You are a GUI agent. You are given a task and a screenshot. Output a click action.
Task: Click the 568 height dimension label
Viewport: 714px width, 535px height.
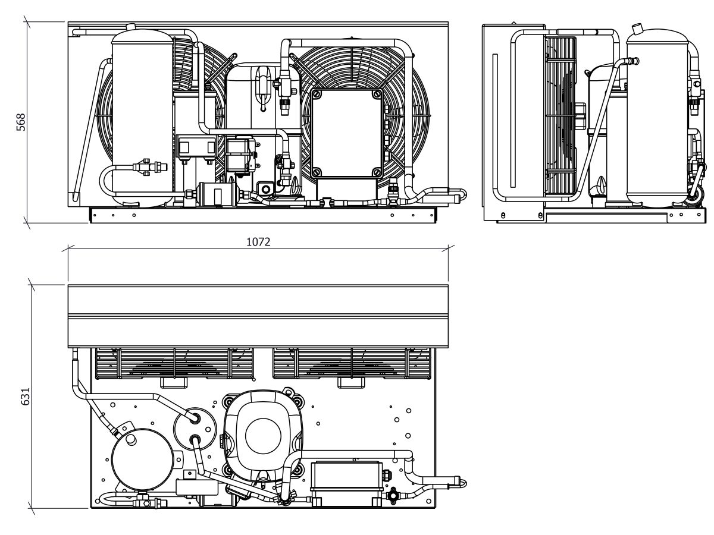[20, 122]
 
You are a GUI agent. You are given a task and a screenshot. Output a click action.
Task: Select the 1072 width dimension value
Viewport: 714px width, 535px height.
[258, 242]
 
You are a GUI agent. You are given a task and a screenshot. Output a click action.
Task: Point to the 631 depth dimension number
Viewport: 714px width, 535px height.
[26, 396]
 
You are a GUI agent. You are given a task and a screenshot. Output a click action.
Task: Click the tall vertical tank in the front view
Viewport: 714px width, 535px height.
[142, 118]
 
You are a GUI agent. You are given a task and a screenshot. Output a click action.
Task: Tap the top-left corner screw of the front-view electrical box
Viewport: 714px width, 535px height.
[316, 95]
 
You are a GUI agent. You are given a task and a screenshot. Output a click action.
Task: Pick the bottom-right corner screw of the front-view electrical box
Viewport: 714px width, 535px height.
[377, 172]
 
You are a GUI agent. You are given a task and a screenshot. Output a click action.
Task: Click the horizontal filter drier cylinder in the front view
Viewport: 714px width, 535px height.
[217, 194]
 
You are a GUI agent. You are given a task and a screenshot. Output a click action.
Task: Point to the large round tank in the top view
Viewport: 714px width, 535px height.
[142, 459]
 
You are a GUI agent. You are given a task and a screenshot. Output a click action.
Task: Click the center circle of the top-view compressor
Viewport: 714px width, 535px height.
[263, 436]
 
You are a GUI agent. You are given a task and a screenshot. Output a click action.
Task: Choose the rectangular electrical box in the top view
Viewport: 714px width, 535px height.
[347, 476]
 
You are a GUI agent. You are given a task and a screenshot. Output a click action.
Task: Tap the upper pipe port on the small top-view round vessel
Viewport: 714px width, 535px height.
[196, 417]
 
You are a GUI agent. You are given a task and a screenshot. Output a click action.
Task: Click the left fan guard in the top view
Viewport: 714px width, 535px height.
[174, 363]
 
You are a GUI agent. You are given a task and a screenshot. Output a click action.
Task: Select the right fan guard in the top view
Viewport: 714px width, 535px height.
[352, 363]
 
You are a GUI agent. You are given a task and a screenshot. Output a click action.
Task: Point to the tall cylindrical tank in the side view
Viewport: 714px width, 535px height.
[657, 118]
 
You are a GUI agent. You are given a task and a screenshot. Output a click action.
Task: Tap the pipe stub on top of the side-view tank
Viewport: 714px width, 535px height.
[637, 29]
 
